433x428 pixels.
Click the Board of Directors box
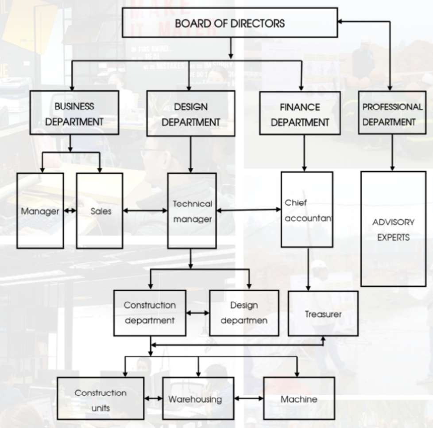(x=229, y=22)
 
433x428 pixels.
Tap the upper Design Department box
(x=190, y=113)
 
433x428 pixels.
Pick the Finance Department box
(x=300, y=113)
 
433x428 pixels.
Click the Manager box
(x=40, y=211)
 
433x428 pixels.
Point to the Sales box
(x=100, y=211)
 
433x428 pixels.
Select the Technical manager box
(x=192, y=211)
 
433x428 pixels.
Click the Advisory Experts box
(x=393, y=229)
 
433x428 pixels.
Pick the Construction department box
(x=149, y=313)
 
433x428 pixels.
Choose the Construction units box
(x=101, y=398)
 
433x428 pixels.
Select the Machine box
(x=299, y=398)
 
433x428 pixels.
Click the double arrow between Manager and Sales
(x=70, y=211)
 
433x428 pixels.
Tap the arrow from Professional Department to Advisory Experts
(x=392, y=153)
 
